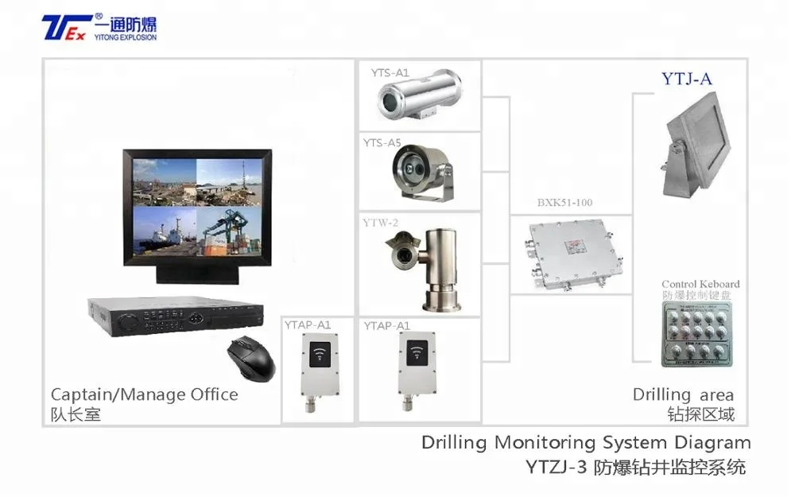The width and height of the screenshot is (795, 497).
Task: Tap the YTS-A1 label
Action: coord(390,72)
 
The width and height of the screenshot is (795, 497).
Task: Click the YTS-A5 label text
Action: coord(382,143)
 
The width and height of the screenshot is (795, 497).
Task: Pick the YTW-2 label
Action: coord(380,223)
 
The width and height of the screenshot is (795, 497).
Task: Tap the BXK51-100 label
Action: coord(564,203)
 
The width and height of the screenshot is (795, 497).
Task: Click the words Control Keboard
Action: coord(700,284)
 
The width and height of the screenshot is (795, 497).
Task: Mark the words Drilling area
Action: coord(683,394)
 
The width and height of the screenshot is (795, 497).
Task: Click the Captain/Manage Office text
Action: coord(144,394)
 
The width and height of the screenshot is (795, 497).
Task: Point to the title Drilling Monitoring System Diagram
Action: coord(586,442)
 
